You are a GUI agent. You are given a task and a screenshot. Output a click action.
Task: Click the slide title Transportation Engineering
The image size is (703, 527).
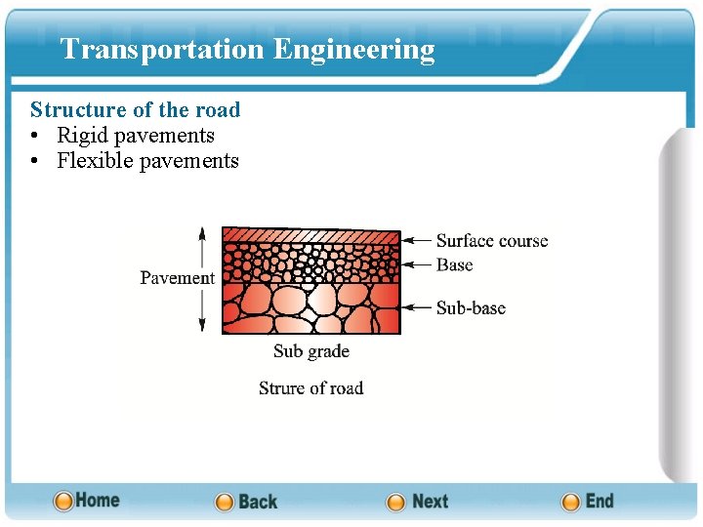(247, 50)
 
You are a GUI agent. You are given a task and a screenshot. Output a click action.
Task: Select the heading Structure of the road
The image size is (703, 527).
(135, 109)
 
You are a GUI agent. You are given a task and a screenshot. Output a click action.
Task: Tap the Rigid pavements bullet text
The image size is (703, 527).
(135, 136)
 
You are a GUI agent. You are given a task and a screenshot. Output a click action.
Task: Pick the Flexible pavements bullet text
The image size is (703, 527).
(147, 161)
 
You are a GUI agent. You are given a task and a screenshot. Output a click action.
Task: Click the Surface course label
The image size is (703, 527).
(491, 241)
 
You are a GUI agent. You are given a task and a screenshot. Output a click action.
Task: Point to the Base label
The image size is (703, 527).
(454, 264)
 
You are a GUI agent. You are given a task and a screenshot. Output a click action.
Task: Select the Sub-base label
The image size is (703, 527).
(470, 307)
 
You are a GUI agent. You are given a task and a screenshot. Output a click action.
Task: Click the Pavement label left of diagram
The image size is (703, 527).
(177, 278)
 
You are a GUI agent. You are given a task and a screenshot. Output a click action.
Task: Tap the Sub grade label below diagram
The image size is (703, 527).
(310, 351)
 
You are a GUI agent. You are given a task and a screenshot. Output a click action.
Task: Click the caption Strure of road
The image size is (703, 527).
(310, 387)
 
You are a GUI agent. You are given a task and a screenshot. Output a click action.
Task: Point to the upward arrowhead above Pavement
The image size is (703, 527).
(202, 234)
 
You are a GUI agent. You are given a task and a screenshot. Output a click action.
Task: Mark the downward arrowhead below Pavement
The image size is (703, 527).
(202, 325)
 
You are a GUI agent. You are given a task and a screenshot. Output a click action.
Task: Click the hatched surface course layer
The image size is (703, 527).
(310, 235)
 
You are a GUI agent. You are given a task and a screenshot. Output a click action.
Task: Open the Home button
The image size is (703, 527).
(87, 501)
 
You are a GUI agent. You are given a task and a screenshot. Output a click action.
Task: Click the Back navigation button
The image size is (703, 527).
(246, 502)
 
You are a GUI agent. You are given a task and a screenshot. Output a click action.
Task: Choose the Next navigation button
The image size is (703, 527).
(418, 502)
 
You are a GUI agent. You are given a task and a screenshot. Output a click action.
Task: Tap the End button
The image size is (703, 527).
(588, 502)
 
